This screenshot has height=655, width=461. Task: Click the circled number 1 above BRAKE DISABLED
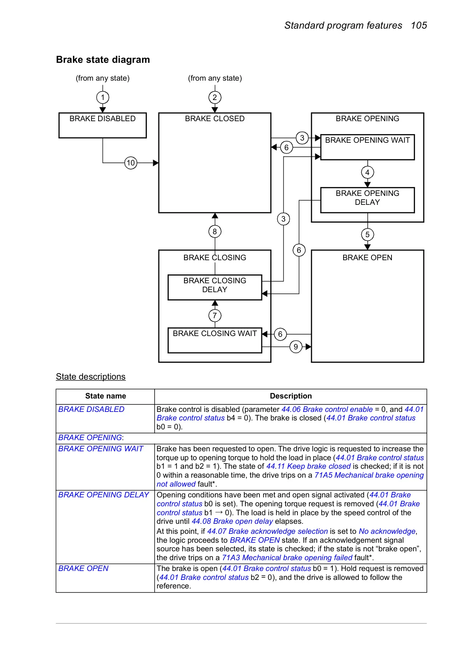(x=103, y=97)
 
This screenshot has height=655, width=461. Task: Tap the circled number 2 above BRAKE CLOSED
(x=215, y=97)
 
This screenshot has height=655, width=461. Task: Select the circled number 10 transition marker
(x=130, y=163)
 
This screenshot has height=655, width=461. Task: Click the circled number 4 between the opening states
(x=367, y=172)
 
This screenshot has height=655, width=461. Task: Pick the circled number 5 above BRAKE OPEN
(x=367, y=235)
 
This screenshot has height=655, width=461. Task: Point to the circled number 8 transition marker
(x=215, y=232)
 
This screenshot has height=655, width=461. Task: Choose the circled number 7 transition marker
(x=215, y=316)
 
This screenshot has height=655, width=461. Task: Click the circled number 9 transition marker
(x=296, y=347)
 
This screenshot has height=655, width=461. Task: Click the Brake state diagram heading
(x=103, y=60)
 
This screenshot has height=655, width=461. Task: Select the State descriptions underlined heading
(x=91, y=377)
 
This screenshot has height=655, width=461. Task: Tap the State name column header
(x=106, y=396)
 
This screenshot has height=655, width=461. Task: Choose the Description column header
(x=291, y=396)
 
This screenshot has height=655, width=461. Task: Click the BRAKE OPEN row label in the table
(x=83, y=568)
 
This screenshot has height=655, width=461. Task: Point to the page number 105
(x=419, y=25)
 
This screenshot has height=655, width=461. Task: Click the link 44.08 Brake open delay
(x=232, y=522)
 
